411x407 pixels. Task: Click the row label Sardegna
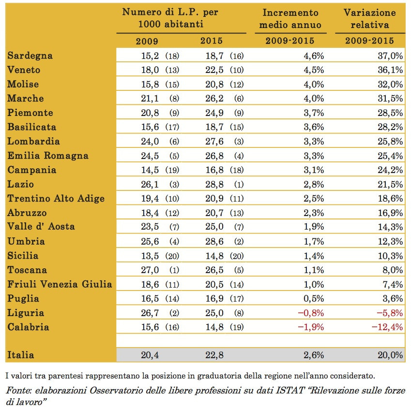(30, 56)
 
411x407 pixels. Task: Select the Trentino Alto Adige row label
(56, 198)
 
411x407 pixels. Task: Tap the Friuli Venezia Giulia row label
(60, 284)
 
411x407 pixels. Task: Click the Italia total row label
(21, 355)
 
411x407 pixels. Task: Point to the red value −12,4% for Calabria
(387, 327)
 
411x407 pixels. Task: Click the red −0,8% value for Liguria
(311, 313)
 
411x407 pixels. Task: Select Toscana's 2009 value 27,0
(150, 270)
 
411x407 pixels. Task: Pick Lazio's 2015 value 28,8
(214, 184)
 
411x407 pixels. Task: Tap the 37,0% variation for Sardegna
(390, 56)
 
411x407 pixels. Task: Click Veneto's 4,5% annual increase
(314, 70)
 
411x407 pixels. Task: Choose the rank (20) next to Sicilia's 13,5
(172, 256)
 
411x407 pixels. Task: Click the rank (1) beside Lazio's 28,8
(239, 185)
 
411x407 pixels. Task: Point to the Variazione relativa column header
(370, 18)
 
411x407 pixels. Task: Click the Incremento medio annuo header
(290, 18)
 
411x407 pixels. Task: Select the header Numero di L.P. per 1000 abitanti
(170, 18)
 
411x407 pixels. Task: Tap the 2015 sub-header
(212, 41)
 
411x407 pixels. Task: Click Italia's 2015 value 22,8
(214, 355)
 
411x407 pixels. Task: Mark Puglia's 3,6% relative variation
(393, 298)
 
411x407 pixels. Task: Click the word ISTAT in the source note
(290, 390)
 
